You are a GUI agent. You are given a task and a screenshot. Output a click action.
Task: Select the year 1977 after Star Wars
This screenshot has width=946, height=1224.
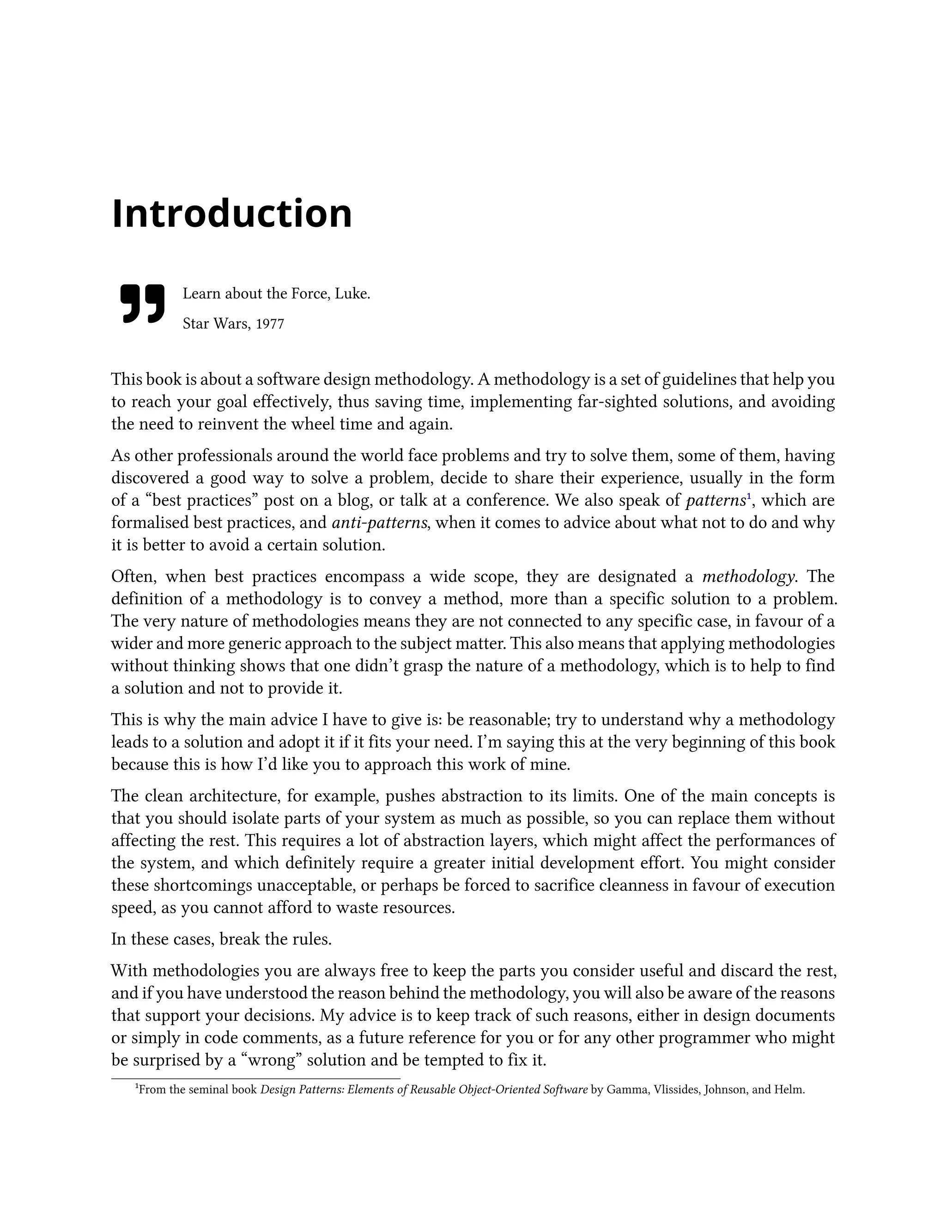[270, 324]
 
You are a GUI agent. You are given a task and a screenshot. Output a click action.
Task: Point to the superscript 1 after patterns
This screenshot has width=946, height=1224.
[749, 496]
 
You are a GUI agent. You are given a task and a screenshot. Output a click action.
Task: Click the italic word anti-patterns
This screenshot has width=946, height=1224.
[379, 523]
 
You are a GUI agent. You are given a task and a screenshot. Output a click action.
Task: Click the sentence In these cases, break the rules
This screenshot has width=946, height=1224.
[221, 939]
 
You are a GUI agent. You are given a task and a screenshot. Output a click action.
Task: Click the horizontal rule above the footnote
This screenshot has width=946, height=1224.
[255, 1079]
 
